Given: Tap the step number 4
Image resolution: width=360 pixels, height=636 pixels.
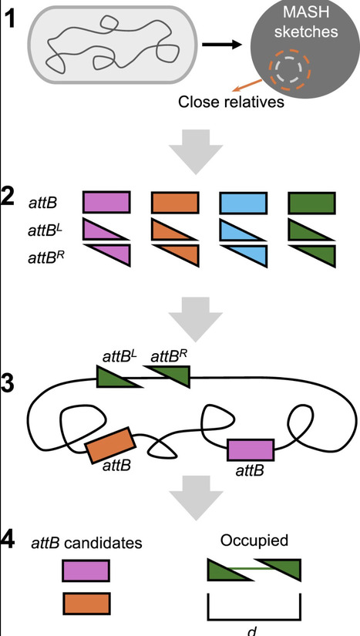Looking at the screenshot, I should [10, 541].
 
